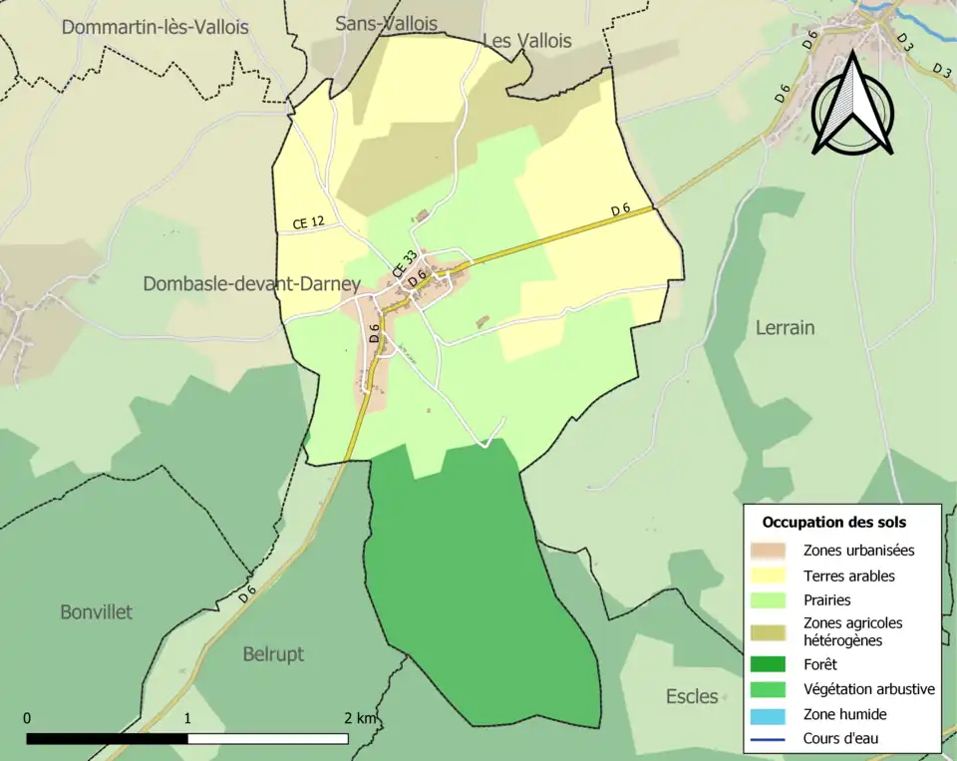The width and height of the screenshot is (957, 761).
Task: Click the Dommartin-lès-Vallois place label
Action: point(155,28)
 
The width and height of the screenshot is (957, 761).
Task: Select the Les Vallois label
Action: point(527,41)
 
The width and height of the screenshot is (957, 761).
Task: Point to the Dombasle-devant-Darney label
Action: point(251,284)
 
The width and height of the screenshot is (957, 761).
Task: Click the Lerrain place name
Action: point(785,327)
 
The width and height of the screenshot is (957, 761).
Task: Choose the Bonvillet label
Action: point(96,611)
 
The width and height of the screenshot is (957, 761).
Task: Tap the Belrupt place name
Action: point(273,654)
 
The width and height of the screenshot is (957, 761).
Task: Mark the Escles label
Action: point(692,696)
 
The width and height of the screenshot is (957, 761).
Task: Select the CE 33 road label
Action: point(404,264)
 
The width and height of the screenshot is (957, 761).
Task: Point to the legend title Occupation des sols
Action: point(834,522)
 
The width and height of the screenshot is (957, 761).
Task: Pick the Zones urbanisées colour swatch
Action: point(769,550)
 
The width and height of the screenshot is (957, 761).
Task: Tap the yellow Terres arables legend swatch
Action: point(769,575)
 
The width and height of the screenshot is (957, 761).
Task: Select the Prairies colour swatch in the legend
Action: point(769,600)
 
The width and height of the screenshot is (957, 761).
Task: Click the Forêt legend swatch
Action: point(769,663)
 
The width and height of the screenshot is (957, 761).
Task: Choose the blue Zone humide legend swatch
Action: point(769,714)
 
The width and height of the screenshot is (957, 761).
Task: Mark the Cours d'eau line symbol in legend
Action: point(769,739)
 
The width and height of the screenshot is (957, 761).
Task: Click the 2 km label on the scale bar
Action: point(361,718)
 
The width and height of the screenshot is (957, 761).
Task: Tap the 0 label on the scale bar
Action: point(27,718)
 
